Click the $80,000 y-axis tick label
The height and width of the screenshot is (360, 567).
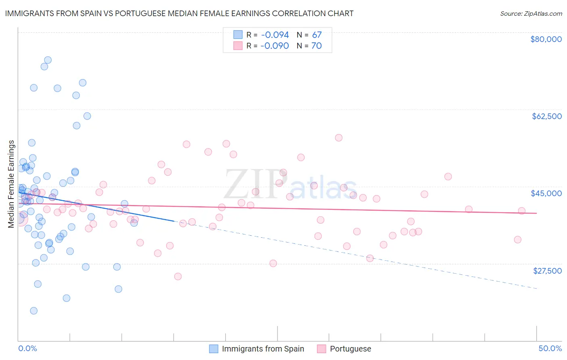click(x=546, y=39)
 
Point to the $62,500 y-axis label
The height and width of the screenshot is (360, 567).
click(x=546, y=116)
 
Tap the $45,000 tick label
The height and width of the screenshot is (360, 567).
click(x=546, y=193)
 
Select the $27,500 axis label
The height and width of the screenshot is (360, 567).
click(x=547, y=271)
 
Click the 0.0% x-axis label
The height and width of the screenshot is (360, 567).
click(x=27, y=348)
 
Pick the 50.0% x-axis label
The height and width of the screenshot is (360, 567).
click(x=550, y=348)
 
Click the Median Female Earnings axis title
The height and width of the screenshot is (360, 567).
click(x=11, y=184)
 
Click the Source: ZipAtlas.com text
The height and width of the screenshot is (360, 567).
click(x=531, y=14)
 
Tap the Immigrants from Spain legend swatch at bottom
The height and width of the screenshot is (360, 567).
click(x=214, y=349)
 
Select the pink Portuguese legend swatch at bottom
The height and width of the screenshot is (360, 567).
click(x=321, y=349)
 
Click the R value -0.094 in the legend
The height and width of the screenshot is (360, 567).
click(x=274, y=35)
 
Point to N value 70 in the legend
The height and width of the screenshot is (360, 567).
click(x=317, y=46)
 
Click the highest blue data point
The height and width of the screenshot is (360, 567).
click(x=48, y=60)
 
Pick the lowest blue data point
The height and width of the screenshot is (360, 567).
click(x=34, y=311)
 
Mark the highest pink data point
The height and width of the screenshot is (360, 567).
click(x=339, y=138)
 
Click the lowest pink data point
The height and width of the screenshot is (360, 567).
click(x=178, y=276)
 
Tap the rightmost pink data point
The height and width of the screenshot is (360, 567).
click(x=521, y=211)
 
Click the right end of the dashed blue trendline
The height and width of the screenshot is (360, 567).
click(x=536, y=289)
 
